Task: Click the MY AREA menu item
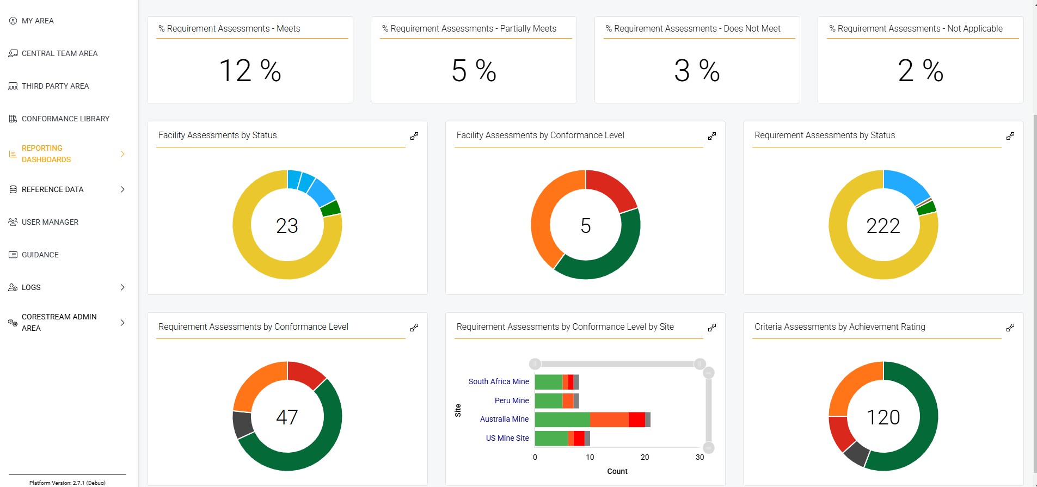tap(38, 21)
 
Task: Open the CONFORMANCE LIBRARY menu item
tap(65, 119)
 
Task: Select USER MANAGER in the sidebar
tap(50, 222)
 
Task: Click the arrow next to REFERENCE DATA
tap(122, 189)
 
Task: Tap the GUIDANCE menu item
tap(40, 255)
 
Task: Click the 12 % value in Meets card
tap(250, 71)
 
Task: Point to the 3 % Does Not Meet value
tap(697, 71)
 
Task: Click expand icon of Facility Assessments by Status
tap(414, 136)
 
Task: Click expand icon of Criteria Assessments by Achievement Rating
tap(1010, 328)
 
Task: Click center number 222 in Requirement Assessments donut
tap(883, 226)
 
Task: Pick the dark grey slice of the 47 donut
tap(242, 424)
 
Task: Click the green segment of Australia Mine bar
tap(562, 420)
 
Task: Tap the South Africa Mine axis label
tap(499, 381)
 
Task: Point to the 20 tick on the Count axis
tap(645, 457)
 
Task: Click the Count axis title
tap(617, 471)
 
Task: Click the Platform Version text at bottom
tap(68, 483)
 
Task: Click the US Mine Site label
tap(507, 438)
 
